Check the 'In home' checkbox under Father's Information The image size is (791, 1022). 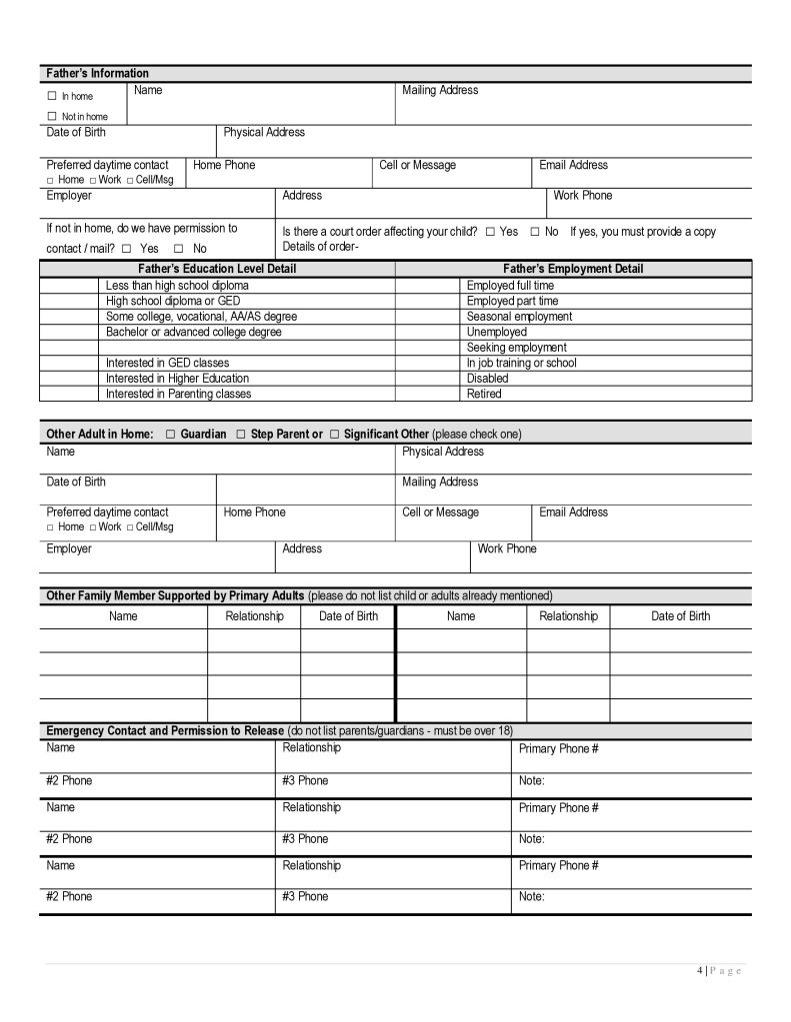[52, 97]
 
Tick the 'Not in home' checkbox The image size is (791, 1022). [52, 117]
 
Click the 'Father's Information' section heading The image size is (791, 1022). [97, 73]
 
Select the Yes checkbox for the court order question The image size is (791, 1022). [490, 232]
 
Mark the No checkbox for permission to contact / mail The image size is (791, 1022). [179, 249]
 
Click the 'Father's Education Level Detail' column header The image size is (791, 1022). [216, 269]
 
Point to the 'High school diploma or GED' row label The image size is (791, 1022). [173, 301]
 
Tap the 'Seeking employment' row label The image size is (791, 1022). [516, 348]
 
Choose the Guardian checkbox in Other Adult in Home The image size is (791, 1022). [170, 435]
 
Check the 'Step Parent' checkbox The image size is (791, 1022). [240, 435]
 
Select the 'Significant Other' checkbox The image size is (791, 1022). [334, 435]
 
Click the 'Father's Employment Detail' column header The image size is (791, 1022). [573, 269]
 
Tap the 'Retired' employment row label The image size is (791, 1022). [484, 394]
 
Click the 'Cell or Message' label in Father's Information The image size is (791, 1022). [417, 165]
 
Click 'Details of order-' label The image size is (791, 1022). [320, 247]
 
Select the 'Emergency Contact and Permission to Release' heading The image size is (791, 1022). [165, 730]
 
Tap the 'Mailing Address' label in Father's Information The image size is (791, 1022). [440, 90]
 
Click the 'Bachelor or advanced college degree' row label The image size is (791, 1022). [194, 332]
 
